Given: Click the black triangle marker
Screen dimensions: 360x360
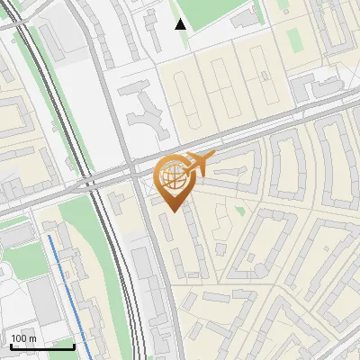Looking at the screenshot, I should coord(181,24).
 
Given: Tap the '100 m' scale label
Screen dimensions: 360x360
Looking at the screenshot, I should coord(23,338).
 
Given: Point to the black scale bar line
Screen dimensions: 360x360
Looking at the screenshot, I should coord(41,346).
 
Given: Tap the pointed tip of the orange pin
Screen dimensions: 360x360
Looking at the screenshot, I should coord(172,211).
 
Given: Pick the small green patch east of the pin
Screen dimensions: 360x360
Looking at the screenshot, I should coord(239,211).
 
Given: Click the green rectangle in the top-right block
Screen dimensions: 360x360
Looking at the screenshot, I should coord(294,39).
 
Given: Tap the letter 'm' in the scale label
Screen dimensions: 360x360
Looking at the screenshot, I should coord(32,338).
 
